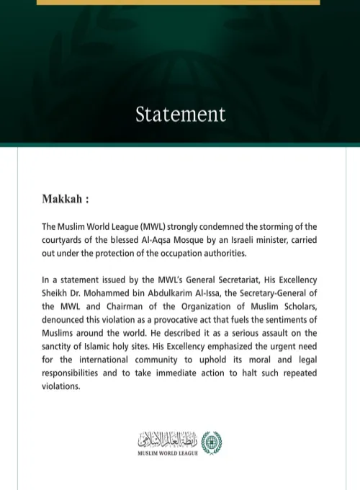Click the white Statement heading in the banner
180,114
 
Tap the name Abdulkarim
169,293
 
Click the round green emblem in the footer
212,442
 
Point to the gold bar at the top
178,2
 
